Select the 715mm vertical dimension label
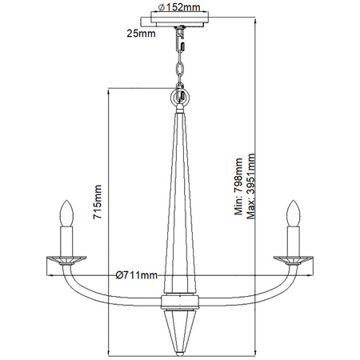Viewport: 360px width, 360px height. tap(98, 204)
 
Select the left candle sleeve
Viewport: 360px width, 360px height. tap(66, 238)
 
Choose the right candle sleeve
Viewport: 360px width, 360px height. tap(294, 238)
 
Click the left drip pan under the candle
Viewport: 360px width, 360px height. tap(66, 258)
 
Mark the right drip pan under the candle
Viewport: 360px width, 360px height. tap(294, 258)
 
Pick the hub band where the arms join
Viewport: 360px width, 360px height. tap(180, 302)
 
